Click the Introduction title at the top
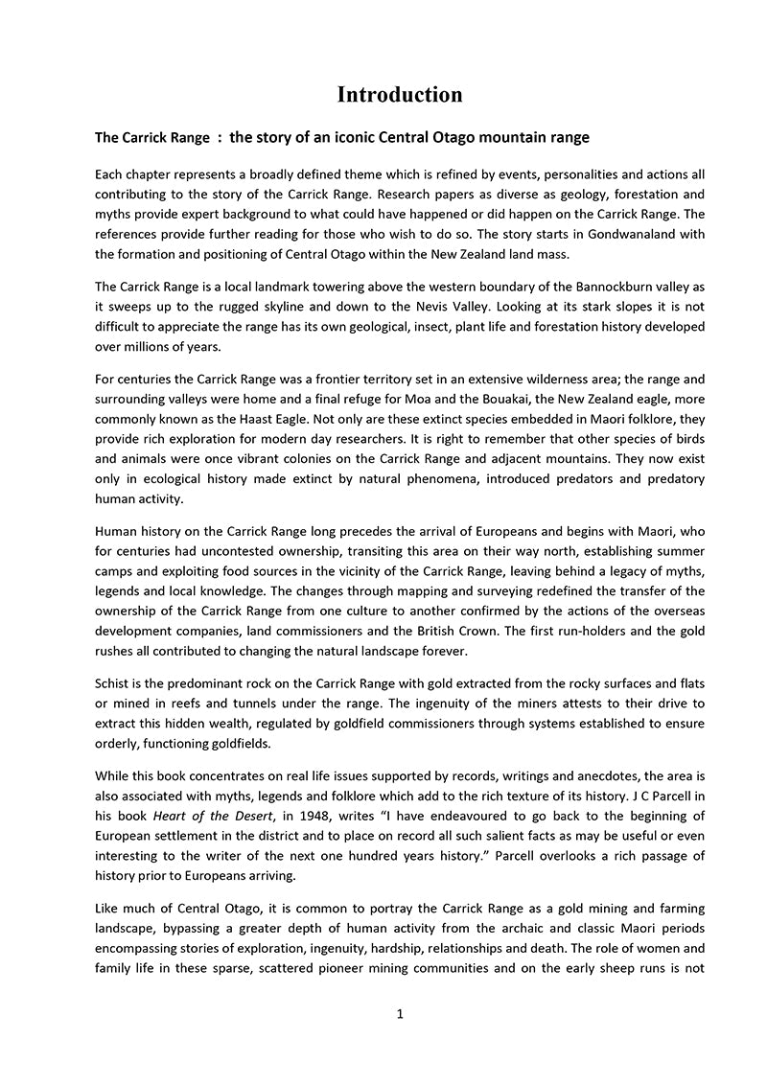(x=400, y=94)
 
